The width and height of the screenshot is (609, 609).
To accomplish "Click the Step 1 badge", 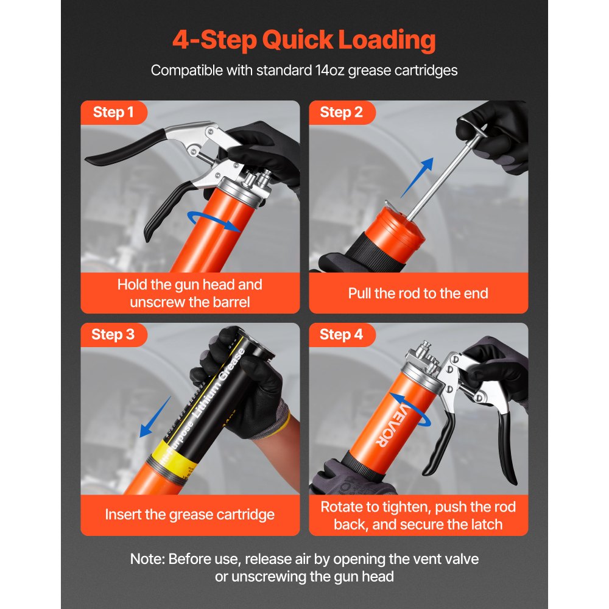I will [113, 112].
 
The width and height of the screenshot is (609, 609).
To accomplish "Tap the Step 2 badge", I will [341, 112].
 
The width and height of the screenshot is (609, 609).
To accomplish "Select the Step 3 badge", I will [113, 334].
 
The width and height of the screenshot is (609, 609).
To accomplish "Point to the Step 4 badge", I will [341, 334].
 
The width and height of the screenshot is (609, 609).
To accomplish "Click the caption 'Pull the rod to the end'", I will [418, 293].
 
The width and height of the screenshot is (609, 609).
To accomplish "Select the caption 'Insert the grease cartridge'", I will [189, 515].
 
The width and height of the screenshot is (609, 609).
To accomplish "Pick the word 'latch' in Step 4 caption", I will [486, 524].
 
